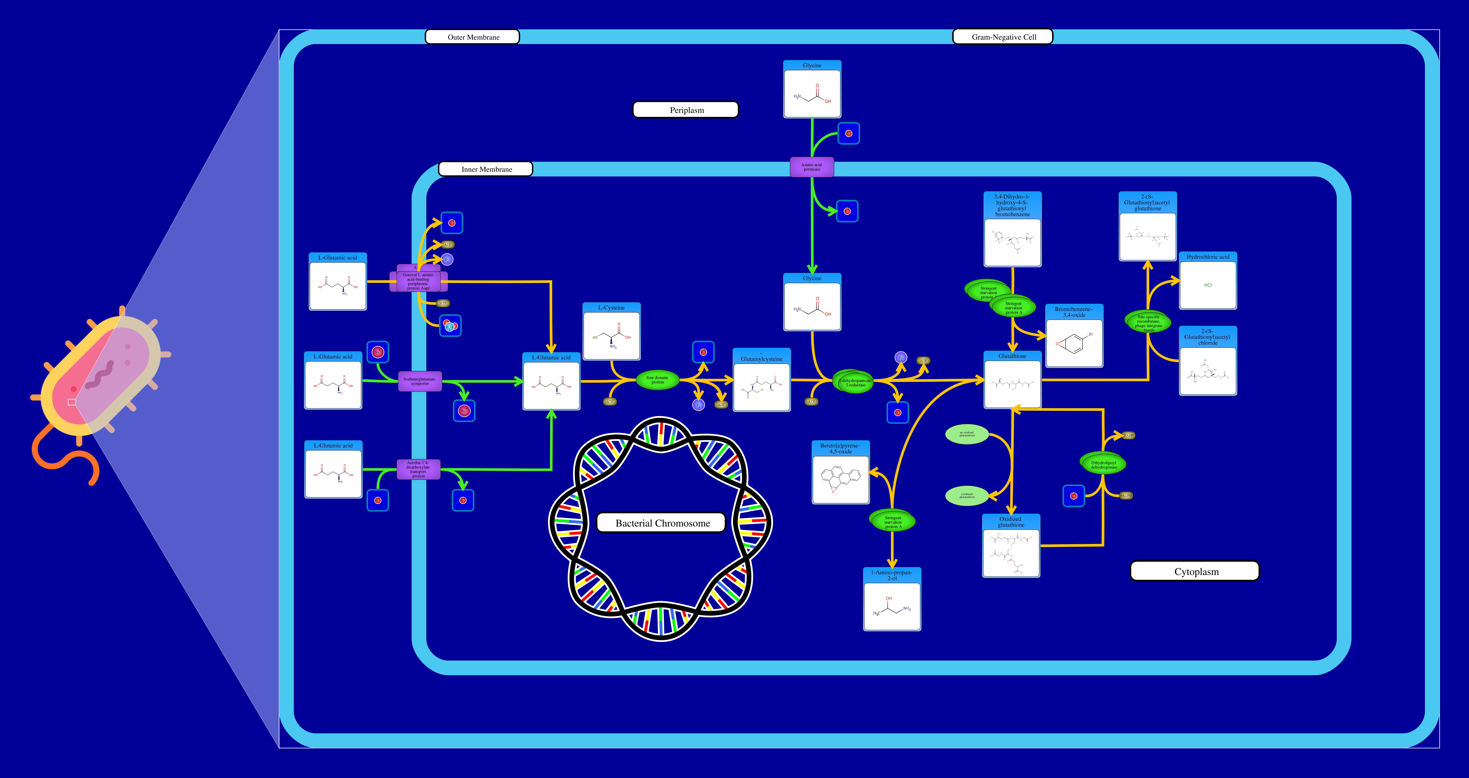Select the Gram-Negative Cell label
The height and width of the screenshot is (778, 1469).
[1003, 37]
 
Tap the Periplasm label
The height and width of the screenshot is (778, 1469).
[686, 110]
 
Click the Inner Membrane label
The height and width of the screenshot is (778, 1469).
[486, 169]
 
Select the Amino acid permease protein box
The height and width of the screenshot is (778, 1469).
[811, 167]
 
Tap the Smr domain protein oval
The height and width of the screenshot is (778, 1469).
[657, 380]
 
